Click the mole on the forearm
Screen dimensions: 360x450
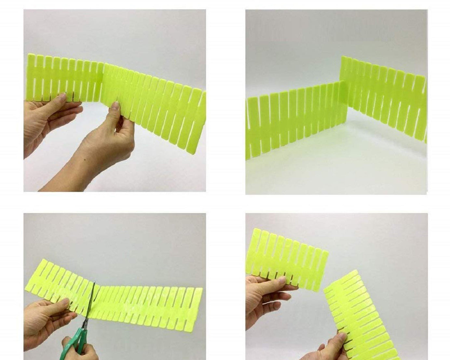[84, 160]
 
